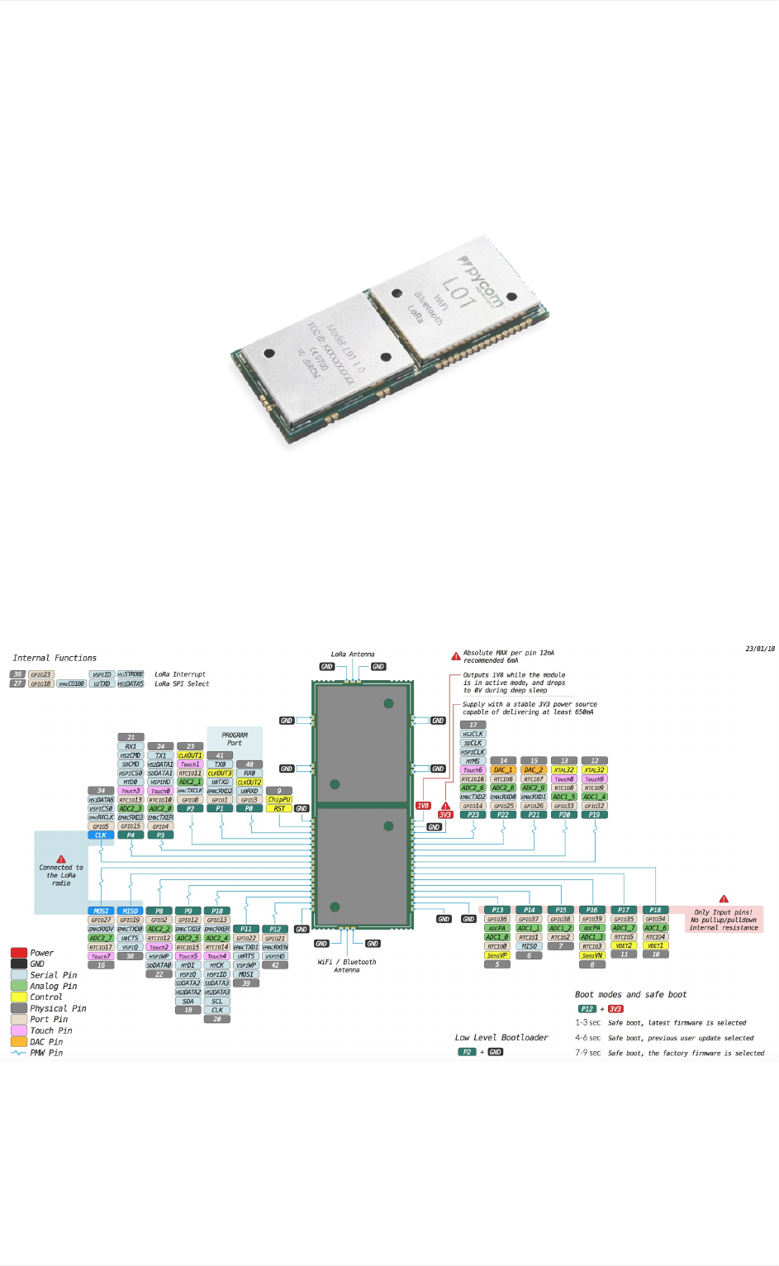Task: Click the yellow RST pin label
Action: click(x=279, y=808)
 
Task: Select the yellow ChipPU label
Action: click(x=279, y=799)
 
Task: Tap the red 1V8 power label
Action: click(x=423, y=806)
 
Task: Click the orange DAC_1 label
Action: click(x=503, y=769)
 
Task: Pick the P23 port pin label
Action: click(x=473, y=815)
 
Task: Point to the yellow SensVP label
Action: click(x=497, y=955)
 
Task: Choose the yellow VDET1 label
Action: click(x=655, y=946)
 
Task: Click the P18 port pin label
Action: click(x=655, y=910)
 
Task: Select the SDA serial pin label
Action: click(x=188, y=1001)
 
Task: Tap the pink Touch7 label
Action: click(x=101, y=956)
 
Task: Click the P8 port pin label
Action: click(x=159, y=911)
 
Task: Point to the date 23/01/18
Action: click(x=760, y=649)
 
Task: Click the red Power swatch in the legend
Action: click(x=19, y=953)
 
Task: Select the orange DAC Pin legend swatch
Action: click(x=19, y=1042)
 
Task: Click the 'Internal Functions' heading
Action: click(x=55, y=658)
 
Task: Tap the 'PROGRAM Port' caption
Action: click(x=235, y=739)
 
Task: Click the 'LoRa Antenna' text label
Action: click(x=353, y=654)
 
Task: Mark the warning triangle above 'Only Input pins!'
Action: click(x=724, y=899)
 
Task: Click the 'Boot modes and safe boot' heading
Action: click(x=630, y=995)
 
